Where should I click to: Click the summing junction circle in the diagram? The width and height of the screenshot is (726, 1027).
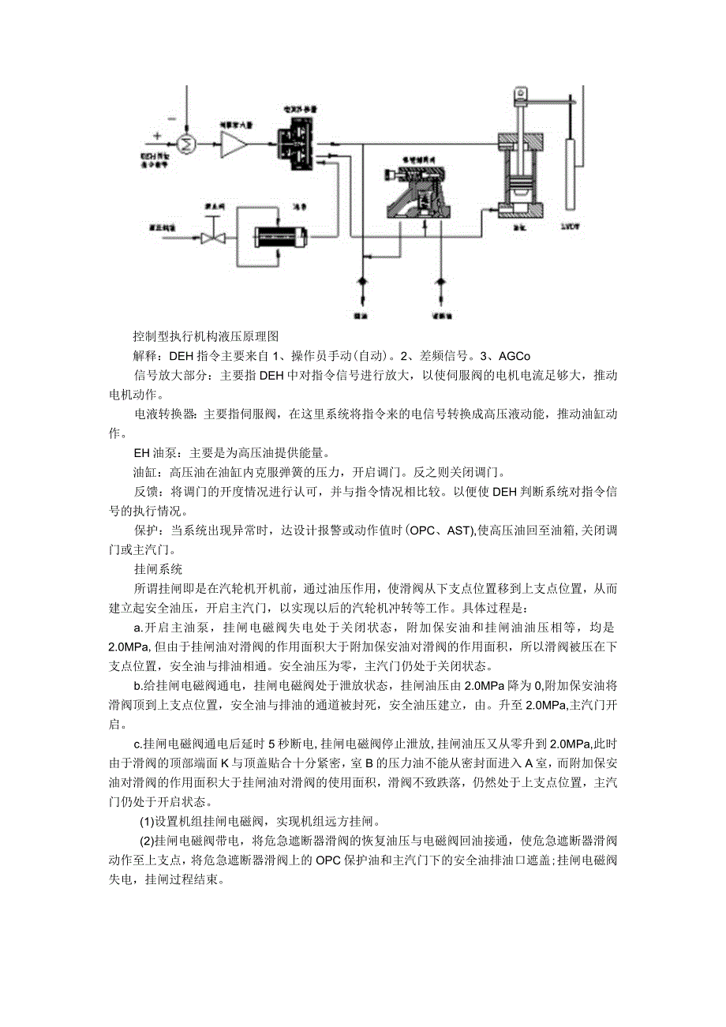pos(188,144)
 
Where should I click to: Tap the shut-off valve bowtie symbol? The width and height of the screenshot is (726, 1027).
pos(211,238)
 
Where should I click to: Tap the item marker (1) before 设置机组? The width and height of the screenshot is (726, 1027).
pos(147,821)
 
